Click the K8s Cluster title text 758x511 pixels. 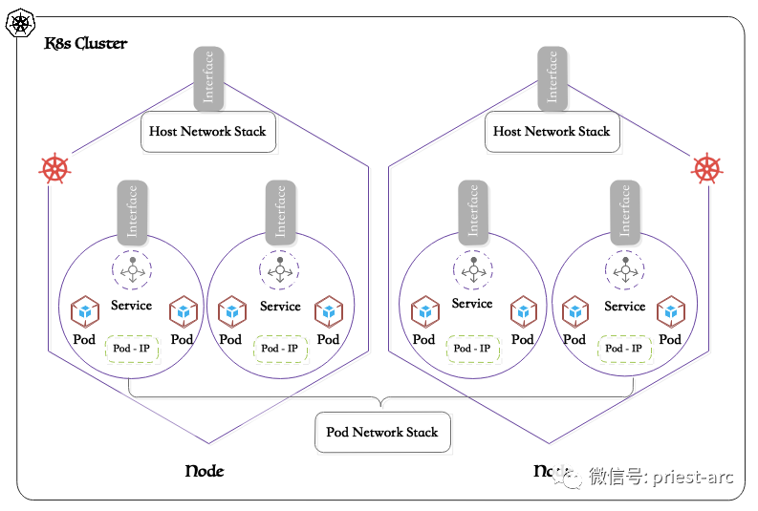click(86, 44)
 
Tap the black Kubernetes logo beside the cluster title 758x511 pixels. click(19, 23)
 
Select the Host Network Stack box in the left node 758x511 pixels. click(208, 132)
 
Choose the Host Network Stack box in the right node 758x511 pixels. click(552, 132)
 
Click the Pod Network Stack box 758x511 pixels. click(382, 433)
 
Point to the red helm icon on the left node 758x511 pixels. click(54, 169)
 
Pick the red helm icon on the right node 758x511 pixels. click(706, 169)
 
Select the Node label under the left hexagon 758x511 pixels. click(204, 471)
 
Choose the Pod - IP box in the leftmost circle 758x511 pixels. click(131, 349)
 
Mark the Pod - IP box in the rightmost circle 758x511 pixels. click(625, 349)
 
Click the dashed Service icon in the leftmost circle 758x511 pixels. click(131, 270)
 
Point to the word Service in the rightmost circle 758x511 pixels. click(625, 307)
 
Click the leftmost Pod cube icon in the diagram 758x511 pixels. click(85, 311)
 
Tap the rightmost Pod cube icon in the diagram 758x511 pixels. click(671, 311)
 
